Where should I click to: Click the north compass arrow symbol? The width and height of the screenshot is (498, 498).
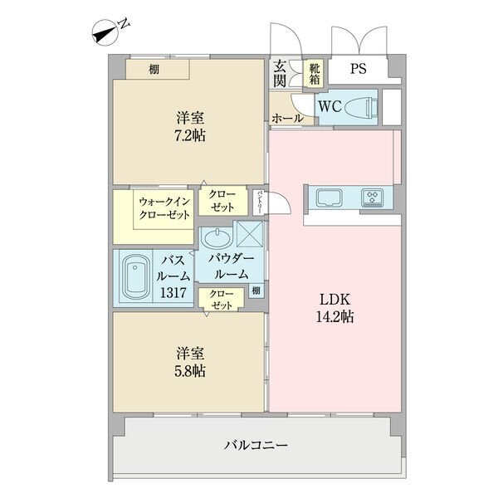pyautogui.click(x=105, y=33)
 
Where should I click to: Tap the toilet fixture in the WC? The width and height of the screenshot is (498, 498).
pyautogui.click(x=362, y=108)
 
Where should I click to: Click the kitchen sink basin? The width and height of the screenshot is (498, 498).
pyautogui.click(x=330, y=198)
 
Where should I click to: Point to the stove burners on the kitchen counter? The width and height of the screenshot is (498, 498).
pyautogui.click(x=372, y=198)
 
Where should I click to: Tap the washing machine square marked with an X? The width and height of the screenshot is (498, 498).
pyautogui.click(x=250, y=234)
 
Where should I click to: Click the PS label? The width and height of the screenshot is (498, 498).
pyautogui.click(x=359, y=69)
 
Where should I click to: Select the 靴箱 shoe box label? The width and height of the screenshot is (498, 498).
pyautogui.click(x=315, y=73)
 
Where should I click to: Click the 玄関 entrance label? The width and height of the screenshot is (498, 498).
pyautogui.click(x=280, y=73)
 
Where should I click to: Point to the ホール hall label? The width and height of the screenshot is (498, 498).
pyautogui.click(x=287, y=119)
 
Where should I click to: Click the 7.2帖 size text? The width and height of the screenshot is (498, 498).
pyautogui.click(x=190, y=136)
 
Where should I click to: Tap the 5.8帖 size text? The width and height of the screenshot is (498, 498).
pyautogui.click(x=190, y=371)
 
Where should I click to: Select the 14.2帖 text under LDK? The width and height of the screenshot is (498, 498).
pyautogui.click(x=334, y=317)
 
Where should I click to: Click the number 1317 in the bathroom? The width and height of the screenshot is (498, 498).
pyautogui.click(x=173, y=292)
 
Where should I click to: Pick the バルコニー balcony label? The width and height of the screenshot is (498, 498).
pyautogui.click(x=256, y=445)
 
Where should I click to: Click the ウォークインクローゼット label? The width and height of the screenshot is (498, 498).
pyautogui.click(x=164, y=208)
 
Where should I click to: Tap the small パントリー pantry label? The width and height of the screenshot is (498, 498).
pyautogui.click(x=260, y=202)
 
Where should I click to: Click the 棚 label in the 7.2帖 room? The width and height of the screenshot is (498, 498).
pyautogui.click(x=154, y=69)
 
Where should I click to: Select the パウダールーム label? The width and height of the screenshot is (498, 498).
pyautogui.click(x=231, y=266)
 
